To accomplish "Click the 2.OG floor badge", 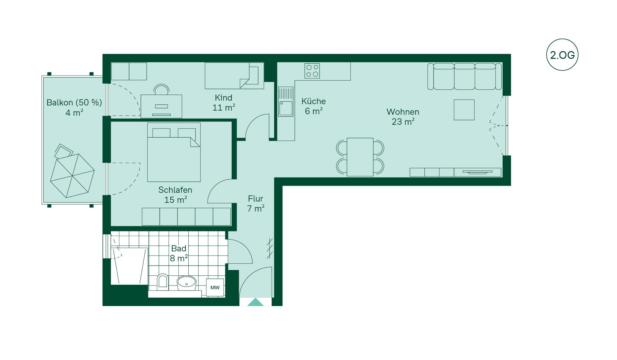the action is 562,55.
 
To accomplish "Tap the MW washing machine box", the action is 215,287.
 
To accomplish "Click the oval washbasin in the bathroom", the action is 186,283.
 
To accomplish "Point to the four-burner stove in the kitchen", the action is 312,71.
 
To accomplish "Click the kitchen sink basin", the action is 286,108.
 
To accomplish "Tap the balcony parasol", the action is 72,175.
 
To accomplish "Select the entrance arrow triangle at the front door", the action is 255,302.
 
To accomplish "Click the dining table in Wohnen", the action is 360,157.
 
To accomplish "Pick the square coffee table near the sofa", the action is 464,110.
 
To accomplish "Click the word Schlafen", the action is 175,190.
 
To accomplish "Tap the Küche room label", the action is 314,101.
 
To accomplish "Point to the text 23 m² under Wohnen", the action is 403,122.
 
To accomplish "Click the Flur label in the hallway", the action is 255,199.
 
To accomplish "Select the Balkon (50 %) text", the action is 74,103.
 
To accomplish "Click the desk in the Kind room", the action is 161,106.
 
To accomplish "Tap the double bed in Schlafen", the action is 174,152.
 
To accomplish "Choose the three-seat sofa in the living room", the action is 464,76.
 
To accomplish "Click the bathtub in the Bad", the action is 129,266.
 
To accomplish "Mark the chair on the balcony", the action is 63,151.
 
